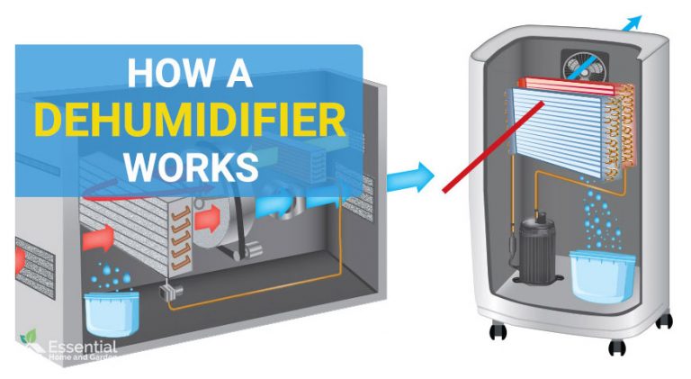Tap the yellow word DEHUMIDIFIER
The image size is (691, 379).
click(x=191, y=120)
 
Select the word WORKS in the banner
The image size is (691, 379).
click(x=191, y=167)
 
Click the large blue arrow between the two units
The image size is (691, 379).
click(x=410, y=176)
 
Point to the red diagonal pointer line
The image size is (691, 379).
click(x=494, y=147)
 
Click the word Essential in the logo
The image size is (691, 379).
click(x=83, y=347)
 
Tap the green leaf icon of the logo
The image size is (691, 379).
click(x=29, y=337)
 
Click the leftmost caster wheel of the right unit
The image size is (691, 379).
click(x=498, y=330)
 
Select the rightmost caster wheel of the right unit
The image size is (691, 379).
click(x=664, y=320)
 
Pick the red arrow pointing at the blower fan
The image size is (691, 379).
click(x=208, y=218)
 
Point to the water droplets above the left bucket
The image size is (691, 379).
click(x=110, y=275)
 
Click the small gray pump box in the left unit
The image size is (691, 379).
click(x=172, y=291)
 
